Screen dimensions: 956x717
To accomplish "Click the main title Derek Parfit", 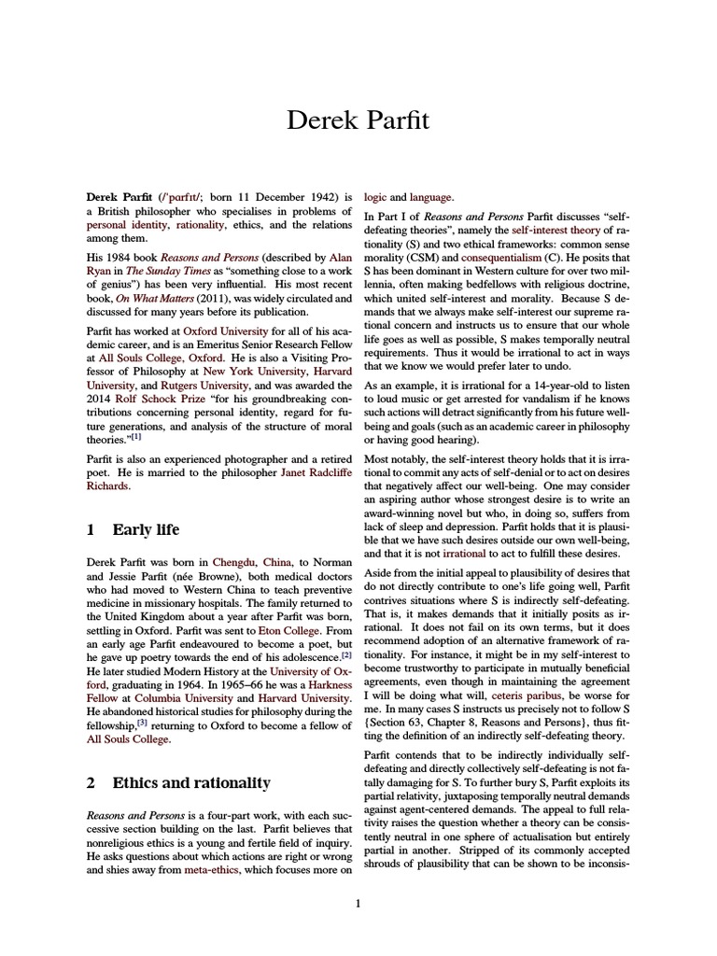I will tap(358, 121).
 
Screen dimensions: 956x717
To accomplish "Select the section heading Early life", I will tap(146, 530).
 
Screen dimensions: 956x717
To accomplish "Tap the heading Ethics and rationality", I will tap(191, 782).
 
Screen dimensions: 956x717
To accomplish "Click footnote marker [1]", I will tap(136, 435).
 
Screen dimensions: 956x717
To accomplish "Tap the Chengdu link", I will tap(240, 564).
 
